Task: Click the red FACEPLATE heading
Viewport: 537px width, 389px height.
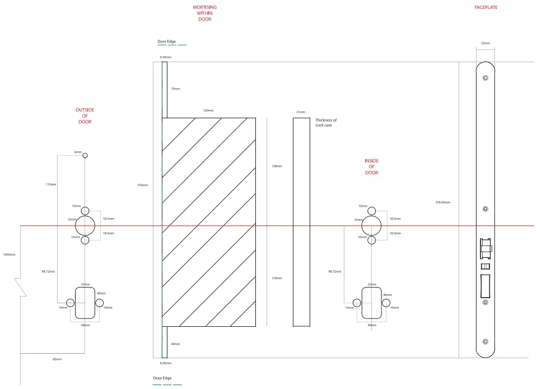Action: coord(485,7)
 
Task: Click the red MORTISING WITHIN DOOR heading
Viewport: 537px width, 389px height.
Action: coord(204,13)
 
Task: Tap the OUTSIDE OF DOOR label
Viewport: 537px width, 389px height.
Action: coord(85,116)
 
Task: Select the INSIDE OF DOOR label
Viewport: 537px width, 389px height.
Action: coord(371,167)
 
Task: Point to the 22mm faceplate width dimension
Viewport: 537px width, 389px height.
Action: coord(485,43)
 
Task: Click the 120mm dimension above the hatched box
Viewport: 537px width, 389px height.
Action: coord(208,111)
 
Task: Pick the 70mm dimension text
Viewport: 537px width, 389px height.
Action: coord(175,89)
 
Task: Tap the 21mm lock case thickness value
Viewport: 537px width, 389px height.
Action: coord(301,112)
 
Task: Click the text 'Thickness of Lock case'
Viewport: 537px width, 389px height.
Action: coord(326,123)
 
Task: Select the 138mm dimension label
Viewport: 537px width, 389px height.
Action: coord(277,166)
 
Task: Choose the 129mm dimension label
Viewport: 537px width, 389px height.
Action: coord(277,278)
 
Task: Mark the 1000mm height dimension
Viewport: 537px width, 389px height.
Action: coord(8,254)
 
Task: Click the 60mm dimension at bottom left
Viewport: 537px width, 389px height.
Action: coord(57,359)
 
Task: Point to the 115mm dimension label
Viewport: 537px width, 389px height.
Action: coord(50,184)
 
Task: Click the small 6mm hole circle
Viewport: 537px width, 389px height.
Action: coord(85,155)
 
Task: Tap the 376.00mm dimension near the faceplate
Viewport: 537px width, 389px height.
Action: coord(442,202)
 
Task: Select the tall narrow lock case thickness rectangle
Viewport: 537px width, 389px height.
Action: coord(301,222)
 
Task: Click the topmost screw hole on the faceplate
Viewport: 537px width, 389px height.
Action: coord(485,80)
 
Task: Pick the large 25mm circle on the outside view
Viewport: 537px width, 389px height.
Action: coord(85,226)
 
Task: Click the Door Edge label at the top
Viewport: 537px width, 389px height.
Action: coord(166,41)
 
